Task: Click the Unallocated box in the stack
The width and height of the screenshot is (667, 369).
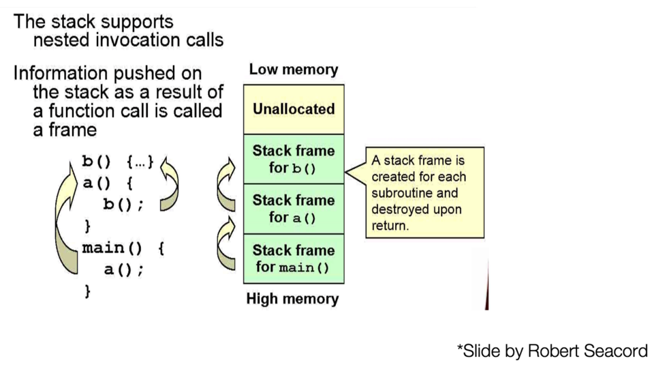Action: pyautogui.click(x=294, y=109)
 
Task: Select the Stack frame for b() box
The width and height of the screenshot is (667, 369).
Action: pyautogui.click(x=294, y=159)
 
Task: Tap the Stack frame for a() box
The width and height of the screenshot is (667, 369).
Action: pyautogui.click(x=294, y=209)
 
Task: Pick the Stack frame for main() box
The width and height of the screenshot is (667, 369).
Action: pyautogui.click(x=294, y=259)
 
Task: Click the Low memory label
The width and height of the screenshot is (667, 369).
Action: pyautogui.click(x=293, y=70)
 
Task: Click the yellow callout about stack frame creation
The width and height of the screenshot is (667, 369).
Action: pyautogui.click(x=424, y=192)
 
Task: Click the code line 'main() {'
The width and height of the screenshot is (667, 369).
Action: pyautogui.click(x=123, y=248)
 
